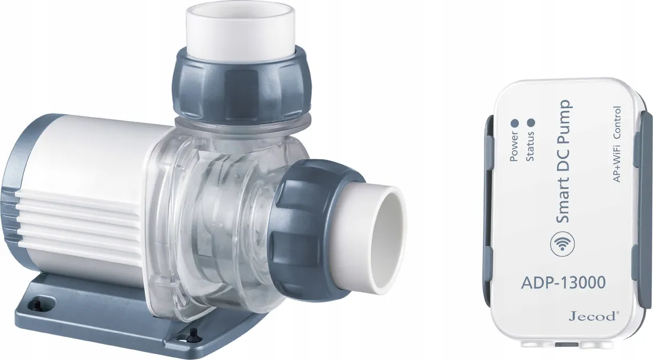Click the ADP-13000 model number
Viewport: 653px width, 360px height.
(x=563, y=283)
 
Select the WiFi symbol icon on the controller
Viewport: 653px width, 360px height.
(x=562, y=245)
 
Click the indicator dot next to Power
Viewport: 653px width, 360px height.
(x=514, y=123)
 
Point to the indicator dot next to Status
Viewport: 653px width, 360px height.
(x=531, y=123)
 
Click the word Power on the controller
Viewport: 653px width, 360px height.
(x=514, y=146)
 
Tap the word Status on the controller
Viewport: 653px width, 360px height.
(x=530, y=146)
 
